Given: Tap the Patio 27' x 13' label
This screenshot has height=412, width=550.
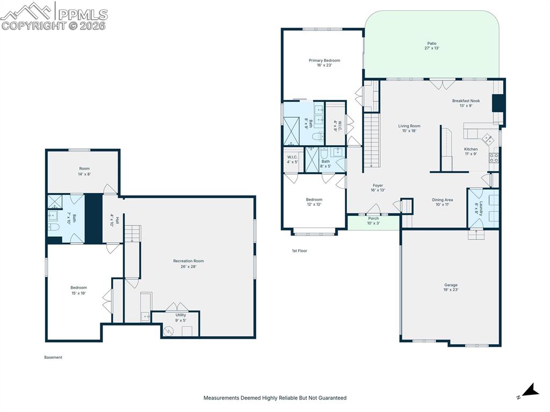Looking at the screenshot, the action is click(x=432, y=46).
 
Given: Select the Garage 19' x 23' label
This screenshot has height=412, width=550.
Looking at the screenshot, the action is click(x=451, y=287).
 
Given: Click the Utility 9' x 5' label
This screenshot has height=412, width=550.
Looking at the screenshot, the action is click(x=180, y=317).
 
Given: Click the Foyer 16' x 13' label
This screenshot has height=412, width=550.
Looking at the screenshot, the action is click(x=378, y=188).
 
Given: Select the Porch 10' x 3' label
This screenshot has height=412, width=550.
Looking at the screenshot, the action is click(x=373, y=221).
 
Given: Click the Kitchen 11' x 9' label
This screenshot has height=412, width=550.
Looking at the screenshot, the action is click(x=471, y=151).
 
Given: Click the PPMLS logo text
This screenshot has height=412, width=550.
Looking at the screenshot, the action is click(x=83, y=15).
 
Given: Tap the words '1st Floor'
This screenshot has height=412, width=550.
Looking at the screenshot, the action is click(x=300, y=250).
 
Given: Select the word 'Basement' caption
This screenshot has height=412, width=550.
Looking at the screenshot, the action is click(x=53, y=357).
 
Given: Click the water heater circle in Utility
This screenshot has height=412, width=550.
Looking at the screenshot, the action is click(x=169, y=330).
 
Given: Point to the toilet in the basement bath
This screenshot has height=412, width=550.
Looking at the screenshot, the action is click(x=54, y=227).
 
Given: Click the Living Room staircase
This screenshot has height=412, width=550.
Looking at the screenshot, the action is click(x=372, y=140).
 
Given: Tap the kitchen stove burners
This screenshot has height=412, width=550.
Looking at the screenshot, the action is click(x=494, y=157).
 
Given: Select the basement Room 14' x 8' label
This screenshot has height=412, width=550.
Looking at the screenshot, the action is click(x=84, y=171).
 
